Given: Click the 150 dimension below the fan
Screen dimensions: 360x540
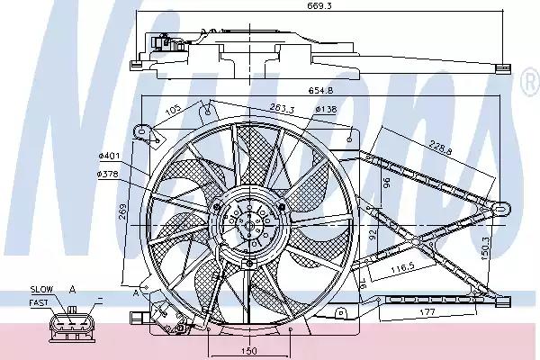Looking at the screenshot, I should [248, 349].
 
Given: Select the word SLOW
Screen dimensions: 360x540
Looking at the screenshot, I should [40, 289].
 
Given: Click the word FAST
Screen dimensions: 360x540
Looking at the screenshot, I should [39, 301].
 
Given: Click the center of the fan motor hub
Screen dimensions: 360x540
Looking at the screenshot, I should [249, 223].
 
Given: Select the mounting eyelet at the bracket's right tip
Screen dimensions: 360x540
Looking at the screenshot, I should [502, 209].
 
